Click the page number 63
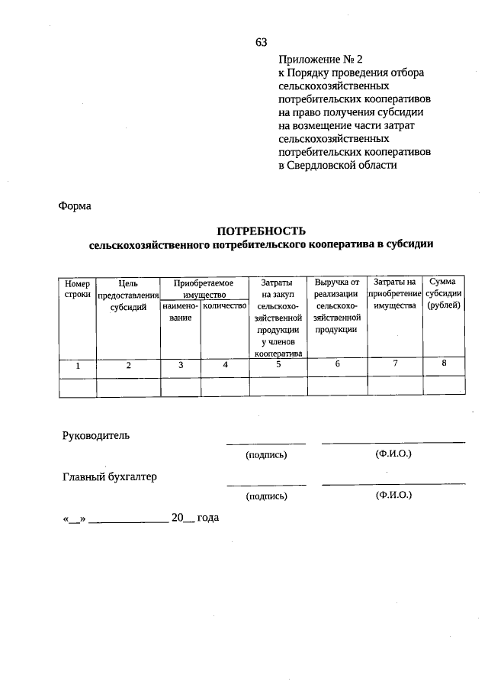[x=261, y=41]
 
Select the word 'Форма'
[x=74, y=206]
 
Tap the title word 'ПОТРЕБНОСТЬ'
[x=261, y=231]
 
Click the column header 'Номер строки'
[x=77, y=289]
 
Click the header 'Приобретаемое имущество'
[x=202, y=289]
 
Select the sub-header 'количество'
[x=225, y=305]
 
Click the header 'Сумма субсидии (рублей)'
[x=443, y=294]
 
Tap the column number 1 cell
[x=77, y=366]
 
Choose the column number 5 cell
[x=278, y=365]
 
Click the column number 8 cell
[x=443, y=364]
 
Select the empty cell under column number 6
[x=336, y=386]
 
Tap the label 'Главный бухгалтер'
[x=109, y=477]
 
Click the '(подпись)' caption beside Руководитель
[x=265, y=455]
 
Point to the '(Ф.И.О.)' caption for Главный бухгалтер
[x=393, y=496]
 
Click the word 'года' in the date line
[x=208, y=518]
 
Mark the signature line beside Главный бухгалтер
[x=266, y=484]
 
